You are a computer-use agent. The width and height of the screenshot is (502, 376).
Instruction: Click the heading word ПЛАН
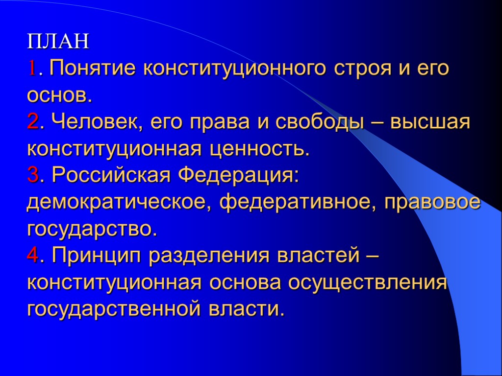pos(58,42)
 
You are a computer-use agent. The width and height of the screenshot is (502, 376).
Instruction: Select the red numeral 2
pos(32,122)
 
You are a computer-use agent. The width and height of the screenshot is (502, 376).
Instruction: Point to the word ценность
pos(260,148)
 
